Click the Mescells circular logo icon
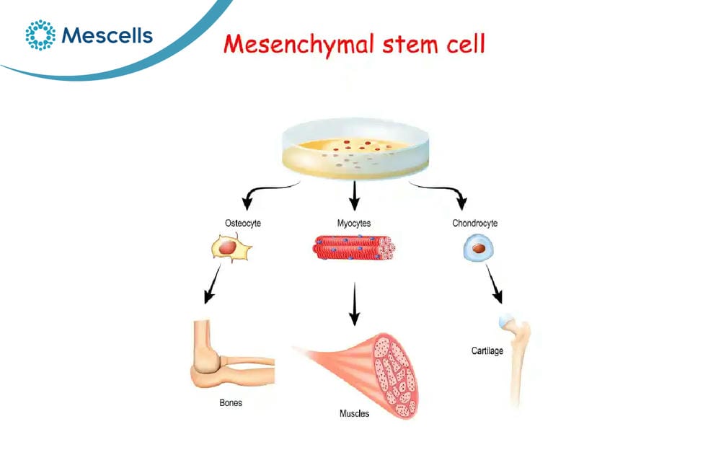40,35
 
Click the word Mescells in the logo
107,35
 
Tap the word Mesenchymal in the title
298,45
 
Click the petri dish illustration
355,148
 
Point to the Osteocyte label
243,223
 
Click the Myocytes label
354,224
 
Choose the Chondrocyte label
475,223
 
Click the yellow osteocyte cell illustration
231,247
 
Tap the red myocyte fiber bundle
353,248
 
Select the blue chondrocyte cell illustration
478,248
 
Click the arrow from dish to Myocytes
354,195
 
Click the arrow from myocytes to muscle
354,304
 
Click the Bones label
231,403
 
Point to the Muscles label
354,414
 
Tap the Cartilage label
487,351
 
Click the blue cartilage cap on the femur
507,320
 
